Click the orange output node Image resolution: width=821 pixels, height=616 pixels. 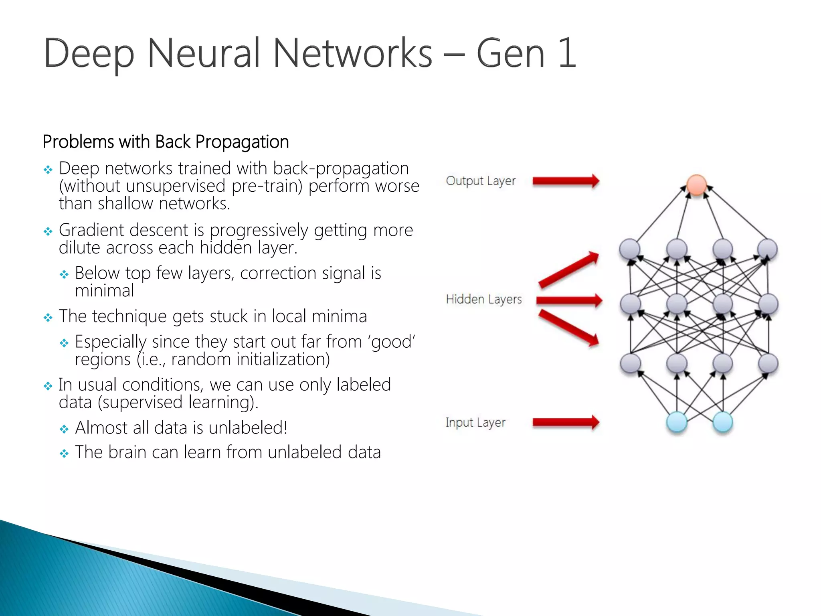coord(696,185)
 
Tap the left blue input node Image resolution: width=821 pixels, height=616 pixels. coord(677,422)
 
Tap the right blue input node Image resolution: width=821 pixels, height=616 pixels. coord(723,422)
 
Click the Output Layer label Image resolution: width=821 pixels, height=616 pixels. coord(480,181)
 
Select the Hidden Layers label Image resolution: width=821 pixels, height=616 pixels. coord(483,299)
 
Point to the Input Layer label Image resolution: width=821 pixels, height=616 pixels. coord(475,422)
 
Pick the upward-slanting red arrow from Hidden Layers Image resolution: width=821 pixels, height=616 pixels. coord(568,270)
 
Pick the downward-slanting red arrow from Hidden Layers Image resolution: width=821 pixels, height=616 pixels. coord(568,328)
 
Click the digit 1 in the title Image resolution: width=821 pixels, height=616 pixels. coord(567,53)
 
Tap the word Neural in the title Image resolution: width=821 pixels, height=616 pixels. coord(204,53)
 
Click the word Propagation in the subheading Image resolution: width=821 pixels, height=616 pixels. coord(242,142)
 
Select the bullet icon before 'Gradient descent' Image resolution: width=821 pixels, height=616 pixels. coord(48,231)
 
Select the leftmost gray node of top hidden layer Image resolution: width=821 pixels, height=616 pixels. coord(629,249)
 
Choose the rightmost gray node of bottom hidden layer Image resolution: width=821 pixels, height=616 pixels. coord(768,364)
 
